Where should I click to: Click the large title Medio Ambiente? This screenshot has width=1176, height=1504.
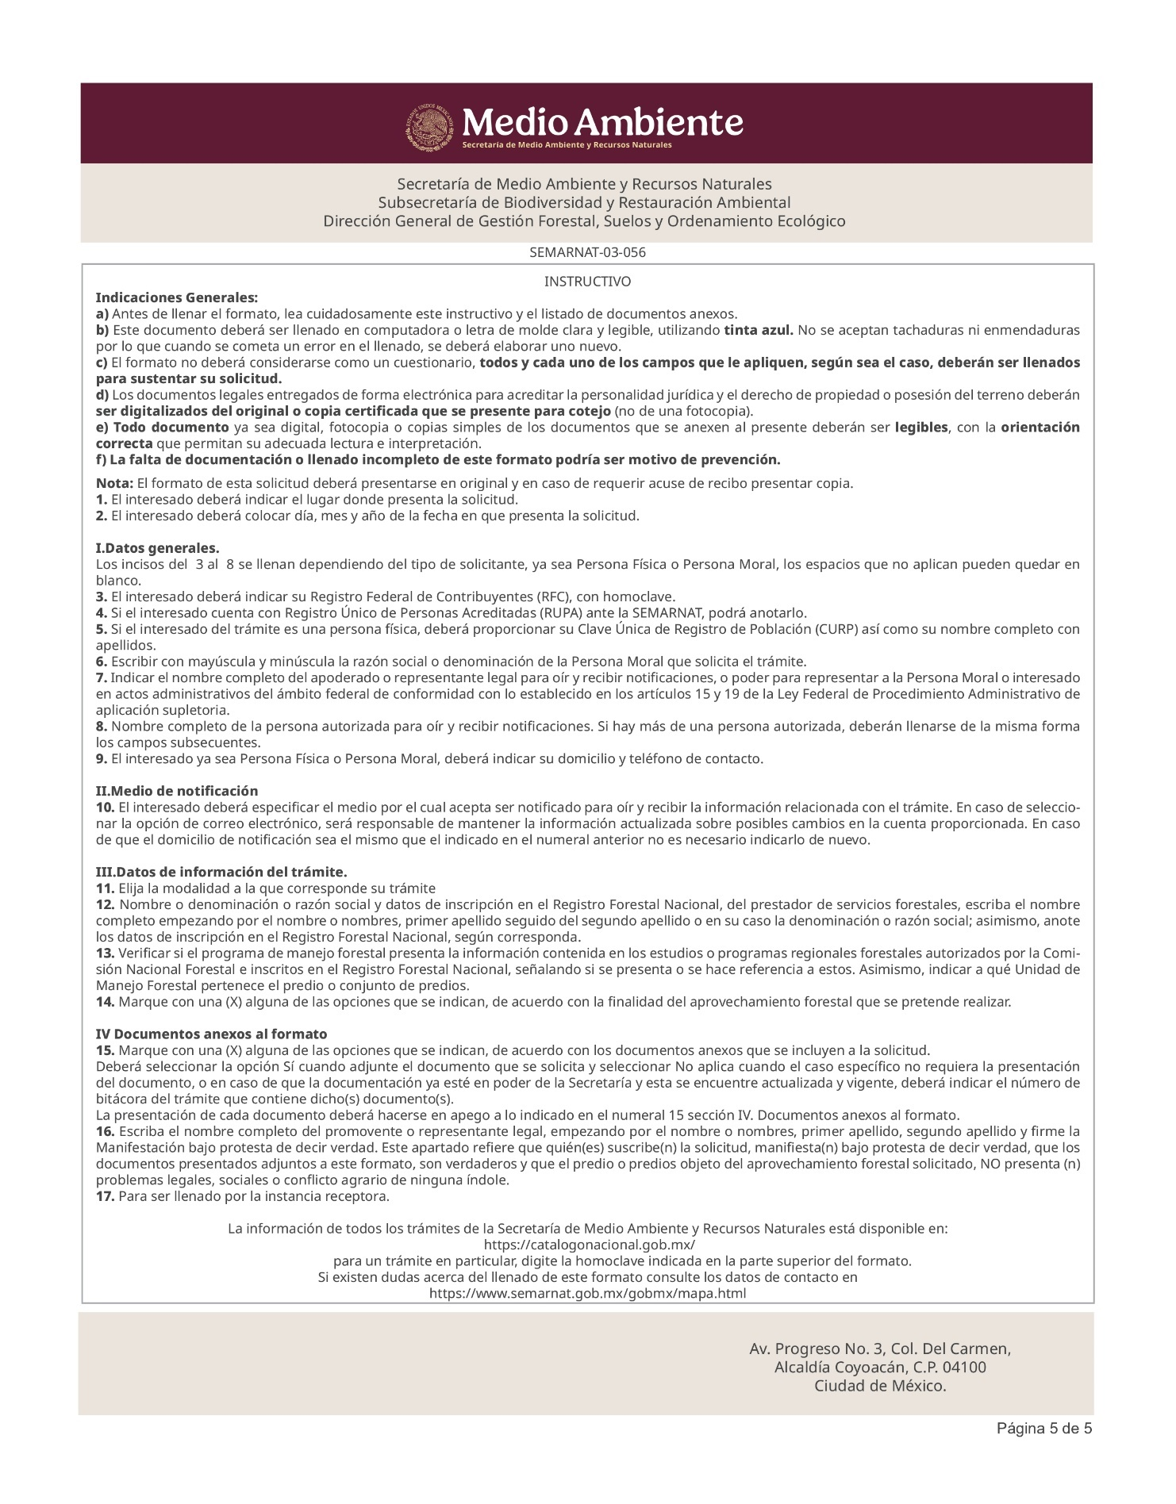coord(602,122)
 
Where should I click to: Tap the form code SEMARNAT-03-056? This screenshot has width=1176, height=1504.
coord(587,253)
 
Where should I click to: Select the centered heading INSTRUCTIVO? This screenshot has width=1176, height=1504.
coord(587,282)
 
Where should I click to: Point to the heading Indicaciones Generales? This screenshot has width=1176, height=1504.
coord(176,298)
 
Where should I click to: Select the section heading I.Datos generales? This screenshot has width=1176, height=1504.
coord(158,548)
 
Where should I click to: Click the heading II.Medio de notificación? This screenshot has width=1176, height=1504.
coord(177,791)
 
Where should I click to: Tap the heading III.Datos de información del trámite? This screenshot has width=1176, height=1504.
coord(221,872)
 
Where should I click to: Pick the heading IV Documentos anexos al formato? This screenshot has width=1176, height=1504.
coord(211,1034)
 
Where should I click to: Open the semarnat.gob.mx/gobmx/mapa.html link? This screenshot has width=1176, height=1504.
coord(587,1293)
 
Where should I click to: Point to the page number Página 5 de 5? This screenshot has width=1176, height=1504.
coord(1044,1429)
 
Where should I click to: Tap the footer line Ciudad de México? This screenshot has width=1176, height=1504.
coord(880,1387)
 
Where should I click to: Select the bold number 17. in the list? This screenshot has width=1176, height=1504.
coord(106,1196)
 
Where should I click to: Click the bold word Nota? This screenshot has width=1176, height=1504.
coord(114,483)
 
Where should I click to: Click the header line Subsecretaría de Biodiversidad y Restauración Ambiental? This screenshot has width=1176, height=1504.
coord(584,202)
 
